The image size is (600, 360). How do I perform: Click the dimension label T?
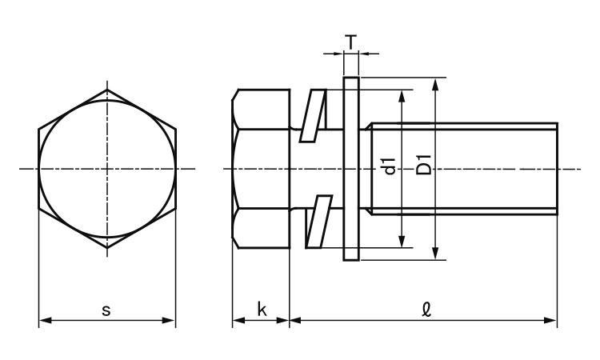pos(351,42)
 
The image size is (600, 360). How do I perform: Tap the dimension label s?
pos(106,310)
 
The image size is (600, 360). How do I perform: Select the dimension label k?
pos(262,309)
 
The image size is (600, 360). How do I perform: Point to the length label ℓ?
pos(426,309)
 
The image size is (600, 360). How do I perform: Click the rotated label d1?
pos(390,166)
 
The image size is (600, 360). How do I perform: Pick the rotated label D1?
pos(423,165)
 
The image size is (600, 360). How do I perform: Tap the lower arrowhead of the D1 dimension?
pos(434,254)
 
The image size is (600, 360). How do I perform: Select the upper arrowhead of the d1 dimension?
pos(402,97)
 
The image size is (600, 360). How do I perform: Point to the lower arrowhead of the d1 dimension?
pos(402,241)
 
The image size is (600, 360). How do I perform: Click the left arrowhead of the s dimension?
pos(46,320)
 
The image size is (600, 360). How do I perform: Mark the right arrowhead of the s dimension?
pos(169,320)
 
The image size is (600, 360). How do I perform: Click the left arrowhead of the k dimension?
pos(239,320)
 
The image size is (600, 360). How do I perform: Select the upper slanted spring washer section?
pos(313,115)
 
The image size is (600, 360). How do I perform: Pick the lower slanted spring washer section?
pos(318,222)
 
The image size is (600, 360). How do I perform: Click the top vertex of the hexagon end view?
pos(107,90)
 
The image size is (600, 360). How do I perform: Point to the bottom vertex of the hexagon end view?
pos(107,248)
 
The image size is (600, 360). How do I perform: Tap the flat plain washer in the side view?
pos(351,169)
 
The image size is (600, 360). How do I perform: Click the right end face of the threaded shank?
pos(557,169)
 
